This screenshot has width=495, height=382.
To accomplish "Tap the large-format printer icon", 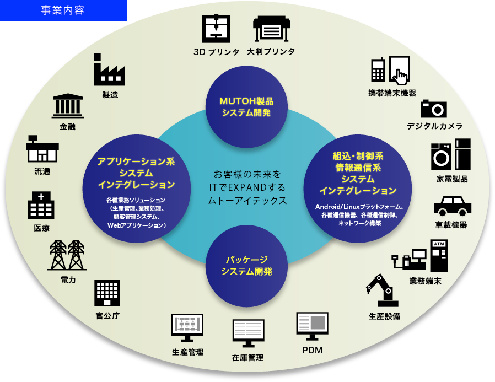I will (271, 29).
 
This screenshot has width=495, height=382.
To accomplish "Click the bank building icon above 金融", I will (68, 106).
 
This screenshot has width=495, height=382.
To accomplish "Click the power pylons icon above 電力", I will (68, 255).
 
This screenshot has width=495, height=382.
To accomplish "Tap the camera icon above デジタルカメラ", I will (434, 108).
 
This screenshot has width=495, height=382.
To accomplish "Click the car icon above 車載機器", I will (452, 206).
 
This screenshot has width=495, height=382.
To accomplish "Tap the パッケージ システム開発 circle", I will (246, 265).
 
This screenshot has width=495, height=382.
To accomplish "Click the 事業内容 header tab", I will (63, 10).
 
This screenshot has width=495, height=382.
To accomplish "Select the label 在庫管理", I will (247, 358).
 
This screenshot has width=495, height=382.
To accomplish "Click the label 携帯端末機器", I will (392, 93).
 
